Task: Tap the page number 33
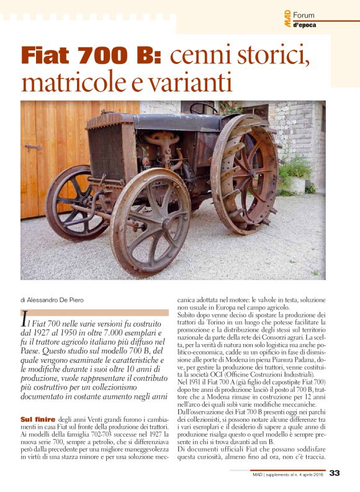[335, 473]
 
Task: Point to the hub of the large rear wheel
[243, 172]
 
